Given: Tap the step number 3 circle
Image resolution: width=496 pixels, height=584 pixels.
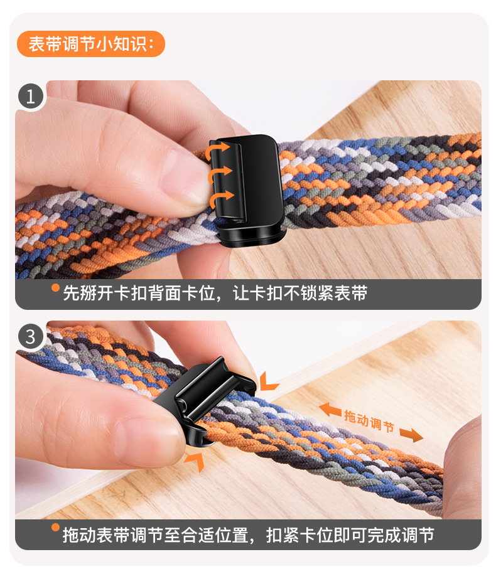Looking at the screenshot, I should [x=31, y=337].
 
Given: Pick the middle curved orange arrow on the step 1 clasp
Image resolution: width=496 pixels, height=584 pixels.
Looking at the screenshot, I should [x=220, y=174].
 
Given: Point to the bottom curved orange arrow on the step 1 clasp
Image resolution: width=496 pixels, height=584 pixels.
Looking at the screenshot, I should [x=220, y=199].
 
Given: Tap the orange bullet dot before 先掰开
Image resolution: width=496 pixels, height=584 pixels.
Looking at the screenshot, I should [x=55, y=289].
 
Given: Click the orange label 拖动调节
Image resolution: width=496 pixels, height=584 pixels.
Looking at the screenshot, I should [x=369, y=420].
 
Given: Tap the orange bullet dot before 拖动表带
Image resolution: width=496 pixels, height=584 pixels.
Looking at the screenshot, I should [x=55, y=528].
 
